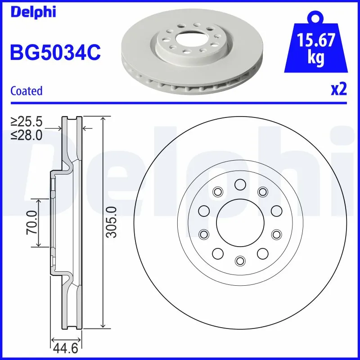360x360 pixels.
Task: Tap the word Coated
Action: pyautogui.click(x=26, y=91)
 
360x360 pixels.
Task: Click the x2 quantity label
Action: pyautogui.click(x=338, y=90)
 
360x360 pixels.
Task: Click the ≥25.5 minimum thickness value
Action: pyautogui.click(x=27, y=121)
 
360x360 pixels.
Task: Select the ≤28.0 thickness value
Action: pyautogui.click(x=27, y=135)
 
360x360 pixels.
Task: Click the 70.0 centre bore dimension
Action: pyautogui.click(x=31, y=222)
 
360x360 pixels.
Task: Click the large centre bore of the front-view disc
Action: pyautogui.click(x=239, y=222)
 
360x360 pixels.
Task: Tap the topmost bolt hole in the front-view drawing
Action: pyautogui.click(x=239, y=184)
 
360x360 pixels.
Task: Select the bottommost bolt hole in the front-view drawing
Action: pyautogui.click(x=239, y=261)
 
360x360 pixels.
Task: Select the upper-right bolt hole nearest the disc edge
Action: pyautogui.click(x=262, y=192)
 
